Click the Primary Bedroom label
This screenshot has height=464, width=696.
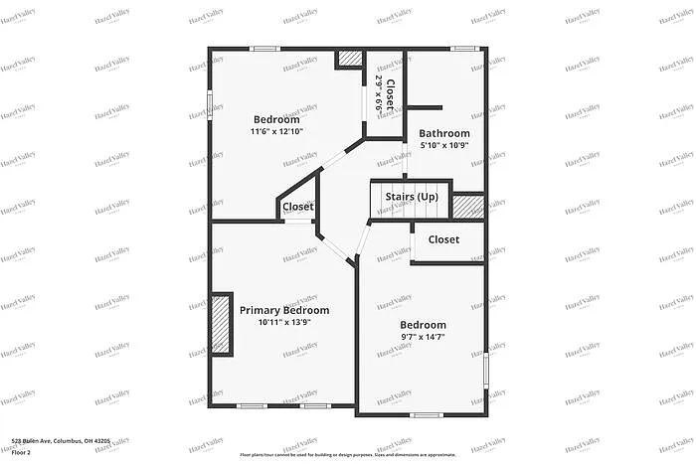[x=284, y=310]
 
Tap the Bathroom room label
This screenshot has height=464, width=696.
[x=443, y=133]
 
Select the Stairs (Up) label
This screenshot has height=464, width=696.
[x=412, y=197]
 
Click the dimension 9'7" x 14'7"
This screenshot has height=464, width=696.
[x=423, y=338]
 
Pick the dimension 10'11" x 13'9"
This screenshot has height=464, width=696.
[x=284, y=322]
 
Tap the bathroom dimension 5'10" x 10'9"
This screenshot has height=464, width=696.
[x=443, y=145]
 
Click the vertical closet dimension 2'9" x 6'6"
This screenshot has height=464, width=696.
[x=379, y=92]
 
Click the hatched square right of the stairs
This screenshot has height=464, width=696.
[x=467, y=206]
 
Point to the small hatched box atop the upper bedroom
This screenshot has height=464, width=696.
[x=351, y=59]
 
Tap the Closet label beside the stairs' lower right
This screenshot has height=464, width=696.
[x=443, y=239]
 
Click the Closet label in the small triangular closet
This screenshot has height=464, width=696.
[x=297, y=207]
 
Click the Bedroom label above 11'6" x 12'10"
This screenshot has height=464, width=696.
[x=276, y=119]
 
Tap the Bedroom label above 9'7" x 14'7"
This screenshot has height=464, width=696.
[x=423, y=325]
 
